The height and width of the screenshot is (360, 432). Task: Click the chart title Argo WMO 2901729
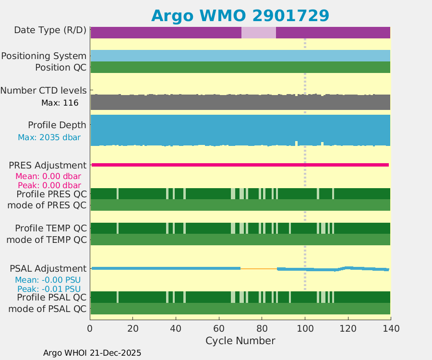click(240, 15)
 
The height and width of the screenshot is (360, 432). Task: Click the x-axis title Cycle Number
click(240, 341)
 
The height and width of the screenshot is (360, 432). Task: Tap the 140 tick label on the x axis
click(390, 329)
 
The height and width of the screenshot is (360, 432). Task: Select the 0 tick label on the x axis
click(90, 329)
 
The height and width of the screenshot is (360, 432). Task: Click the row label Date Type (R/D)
click(50, 30)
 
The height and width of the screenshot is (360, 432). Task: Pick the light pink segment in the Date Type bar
click(258, 33)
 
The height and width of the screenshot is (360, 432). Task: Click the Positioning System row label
click(44, 56)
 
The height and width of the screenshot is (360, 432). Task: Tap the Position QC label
click(60, 67)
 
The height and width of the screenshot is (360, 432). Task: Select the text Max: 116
click(60, 102)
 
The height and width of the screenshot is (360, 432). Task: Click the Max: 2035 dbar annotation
click(49, 137)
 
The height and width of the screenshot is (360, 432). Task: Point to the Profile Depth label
click(57, 125)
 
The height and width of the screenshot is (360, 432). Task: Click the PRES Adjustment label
click(48, 165)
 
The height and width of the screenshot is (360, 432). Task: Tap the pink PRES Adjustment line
click(240, 165)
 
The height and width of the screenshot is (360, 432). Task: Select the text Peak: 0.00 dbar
click(49, 185)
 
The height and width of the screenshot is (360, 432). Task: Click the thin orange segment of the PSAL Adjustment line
click(258, 269)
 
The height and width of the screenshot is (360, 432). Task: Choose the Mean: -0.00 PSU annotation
click(48, 280)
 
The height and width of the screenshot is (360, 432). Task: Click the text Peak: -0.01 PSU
click(49, 289)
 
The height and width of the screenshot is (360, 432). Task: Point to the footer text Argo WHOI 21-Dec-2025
click(92, 353)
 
